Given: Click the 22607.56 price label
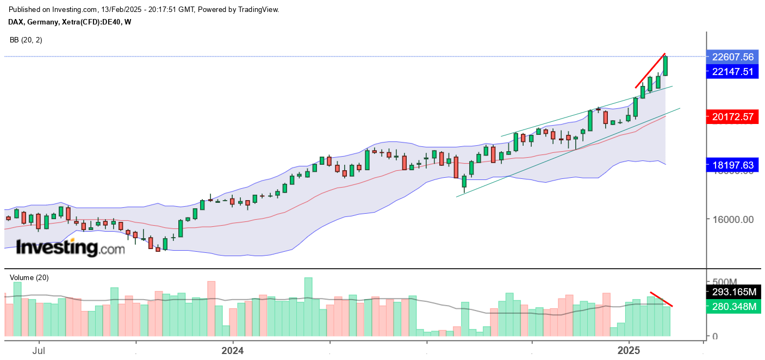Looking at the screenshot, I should click(x=732, y=57).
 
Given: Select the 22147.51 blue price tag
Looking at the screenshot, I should click(x=732, y=71).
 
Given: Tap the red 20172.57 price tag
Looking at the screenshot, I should click(x=732, y=116).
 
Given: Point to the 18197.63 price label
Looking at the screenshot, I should click(x=732, y=164).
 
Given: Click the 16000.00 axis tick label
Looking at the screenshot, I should click(x=732, y=220).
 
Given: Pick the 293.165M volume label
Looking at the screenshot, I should click(x=735, y=292).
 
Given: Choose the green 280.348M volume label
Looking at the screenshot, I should click(x=735, y=307).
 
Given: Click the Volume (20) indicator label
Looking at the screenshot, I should click(x=29, y=277).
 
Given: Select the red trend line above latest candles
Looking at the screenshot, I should click(x=650, y=70).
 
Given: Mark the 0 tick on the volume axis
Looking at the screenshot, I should click(x=714, y=337).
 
